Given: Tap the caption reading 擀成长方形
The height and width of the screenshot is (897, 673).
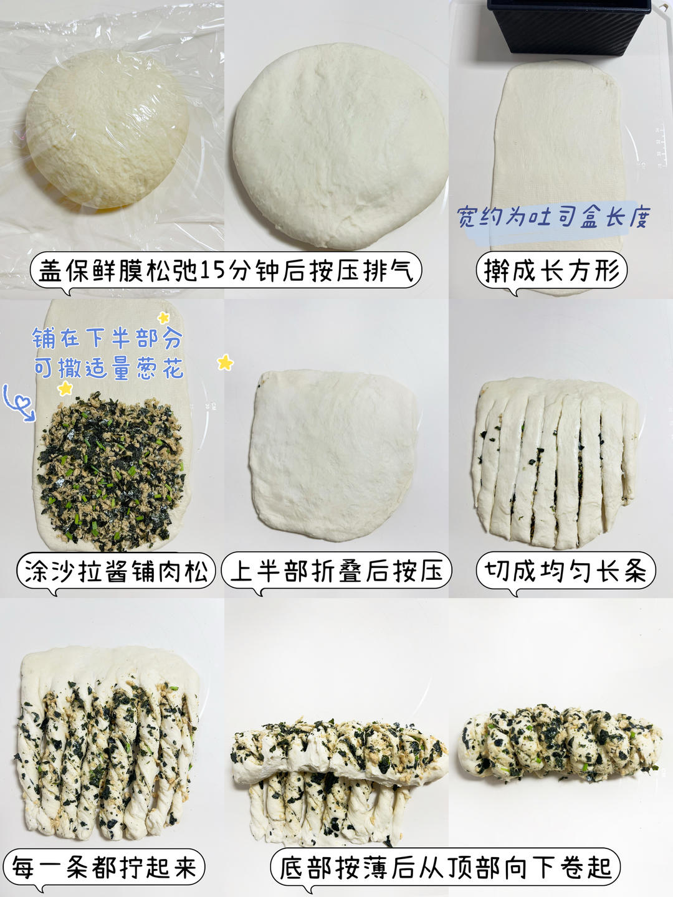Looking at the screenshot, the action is pos(551,270).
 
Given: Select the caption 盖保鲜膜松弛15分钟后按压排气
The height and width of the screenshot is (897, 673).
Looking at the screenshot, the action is pos(226,270).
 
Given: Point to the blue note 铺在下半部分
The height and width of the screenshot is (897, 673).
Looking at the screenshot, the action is pos(107,338).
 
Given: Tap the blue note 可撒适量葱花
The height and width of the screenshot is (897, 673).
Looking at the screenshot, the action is pos(108,368).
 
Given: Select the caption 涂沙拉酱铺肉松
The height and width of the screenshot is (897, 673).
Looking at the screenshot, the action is pos(116,571).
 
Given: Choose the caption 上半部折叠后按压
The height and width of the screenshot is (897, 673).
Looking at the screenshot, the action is pos(336,571).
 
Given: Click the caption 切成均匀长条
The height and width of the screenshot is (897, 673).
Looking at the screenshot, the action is pos(566,571).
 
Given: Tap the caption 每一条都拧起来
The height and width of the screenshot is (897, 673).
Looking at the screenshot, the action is pos(104,867).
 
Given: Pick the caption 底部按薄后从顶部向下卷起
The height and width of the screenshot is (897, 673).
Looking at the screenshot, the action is pos(446,867).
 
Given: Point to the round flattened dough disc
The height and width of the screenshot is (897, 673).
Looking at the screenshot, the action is pos(340,146).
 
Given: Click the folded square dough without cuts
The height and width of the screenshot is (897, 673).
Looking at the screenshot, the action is pos(333,455).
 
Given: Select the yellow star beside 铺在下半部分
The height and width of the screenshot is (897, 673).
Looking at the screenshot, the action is pos(163,318).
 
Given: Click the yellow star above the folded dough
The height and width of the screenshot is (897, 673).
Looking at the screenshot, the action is pos(225,363).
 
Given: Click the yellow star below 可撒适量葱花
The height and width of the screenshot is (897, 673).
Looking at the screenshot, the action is pos(65,388).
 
